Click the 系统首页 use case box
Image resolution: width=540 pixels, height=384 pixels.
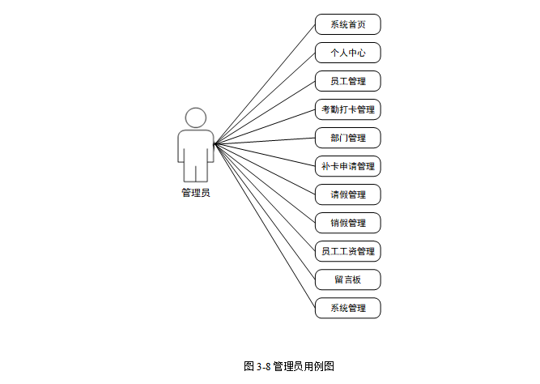click(x=347, y=24)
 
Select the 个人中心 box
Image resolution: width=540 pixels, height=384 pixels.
click(x=347, y=53)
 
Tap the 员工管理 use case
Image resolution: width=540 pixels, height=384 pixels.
click(x=347, y=81)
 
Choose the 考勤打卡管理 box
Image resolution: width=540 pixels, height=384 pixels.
click(x=347, y=109)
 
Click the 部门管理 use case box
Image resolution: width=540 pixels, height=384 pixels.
click(x=347, y=138)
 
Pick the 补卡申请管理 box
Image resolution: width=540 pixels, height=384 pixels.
click(x=347, y=166)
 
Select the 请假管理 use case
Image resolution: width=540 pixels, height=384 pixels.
click(x=347, y=194)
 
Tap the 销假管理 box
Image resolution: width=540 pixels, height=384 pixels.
click(x=347, y=223)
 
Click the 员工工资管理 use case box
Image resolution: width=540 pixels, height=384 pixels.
click(x=347, y=251)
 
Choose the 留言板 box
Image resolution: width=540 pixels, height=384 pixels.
click(x=347, y=279)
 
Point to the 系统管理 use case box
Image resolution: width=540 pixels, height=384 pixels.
click(x=347, y=308)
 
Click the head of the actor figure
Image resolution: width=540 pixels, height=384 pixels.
click(x=195, y=117)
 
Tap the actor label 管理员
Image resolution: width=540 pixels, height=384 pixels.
click(x=195, y=193)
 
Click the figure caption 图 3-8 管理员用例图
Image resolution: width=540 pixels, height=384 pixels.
click(x=289, y=365)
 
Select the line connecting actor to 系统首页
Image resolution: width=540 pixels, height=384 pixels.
click(x=265, y=84)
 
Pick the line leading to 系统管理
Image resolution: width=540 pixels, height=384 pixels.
click(x=265, y=227)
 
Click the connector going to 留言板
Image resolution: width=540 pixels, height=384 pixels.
click(x=265, y=212)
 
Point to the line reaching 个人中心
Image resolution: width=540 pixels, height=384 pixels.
click(x=265, y=99)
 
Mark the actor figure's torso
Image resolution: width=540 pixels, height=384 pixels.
click(x=195, y=150)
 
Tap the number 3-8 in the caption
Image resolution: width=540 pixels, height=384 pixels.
click(x=263, y=365)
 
